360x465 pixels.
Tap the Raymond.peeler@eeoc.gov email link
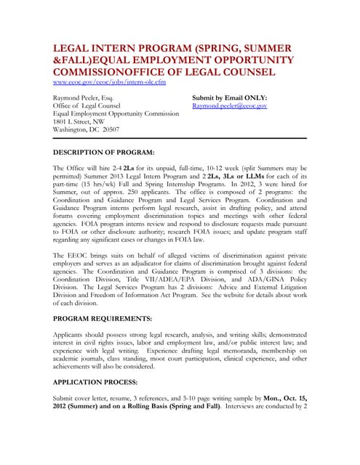click(x=229, y=106)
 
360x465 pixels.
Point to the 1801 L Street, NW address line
click(x=81, y=121)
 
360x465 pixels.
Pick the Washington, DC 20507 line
click(x=86, y=130)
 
